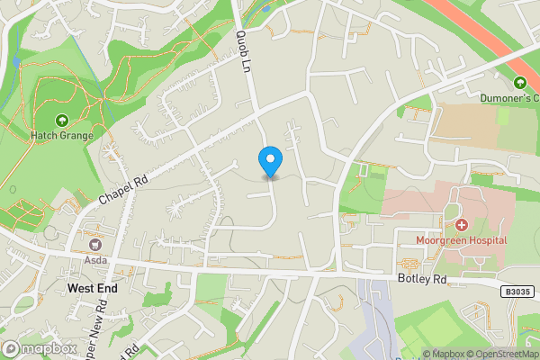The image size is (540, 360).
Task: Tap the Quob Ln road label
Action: click(x=241, y=49)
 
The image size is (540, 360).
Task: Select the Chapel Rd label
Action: click(x=123, y=188)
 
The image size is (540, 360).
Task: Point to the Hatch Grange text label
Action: click(x=63, y=137)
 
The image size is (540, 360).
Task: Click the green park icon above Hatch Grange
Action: click(x=62, y=121)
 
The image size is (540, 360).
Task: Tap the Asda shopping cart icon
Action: click(x=94, y=244)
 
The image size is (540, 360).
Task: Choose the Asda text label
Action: click(x=94, y=260)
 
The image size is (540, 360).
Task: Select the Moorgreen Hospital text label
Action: click(x=461, y=240)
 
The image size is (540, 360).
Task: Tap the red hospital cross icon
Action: click(x=461, y=224)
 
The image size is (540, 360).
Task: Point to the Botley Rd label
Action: click(x=422, y=279)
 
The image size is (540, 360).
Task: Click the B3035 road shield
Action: click(x=518, y=291)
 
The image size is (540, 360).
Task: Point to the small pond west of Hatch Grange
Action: click(x=16, y=63)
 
